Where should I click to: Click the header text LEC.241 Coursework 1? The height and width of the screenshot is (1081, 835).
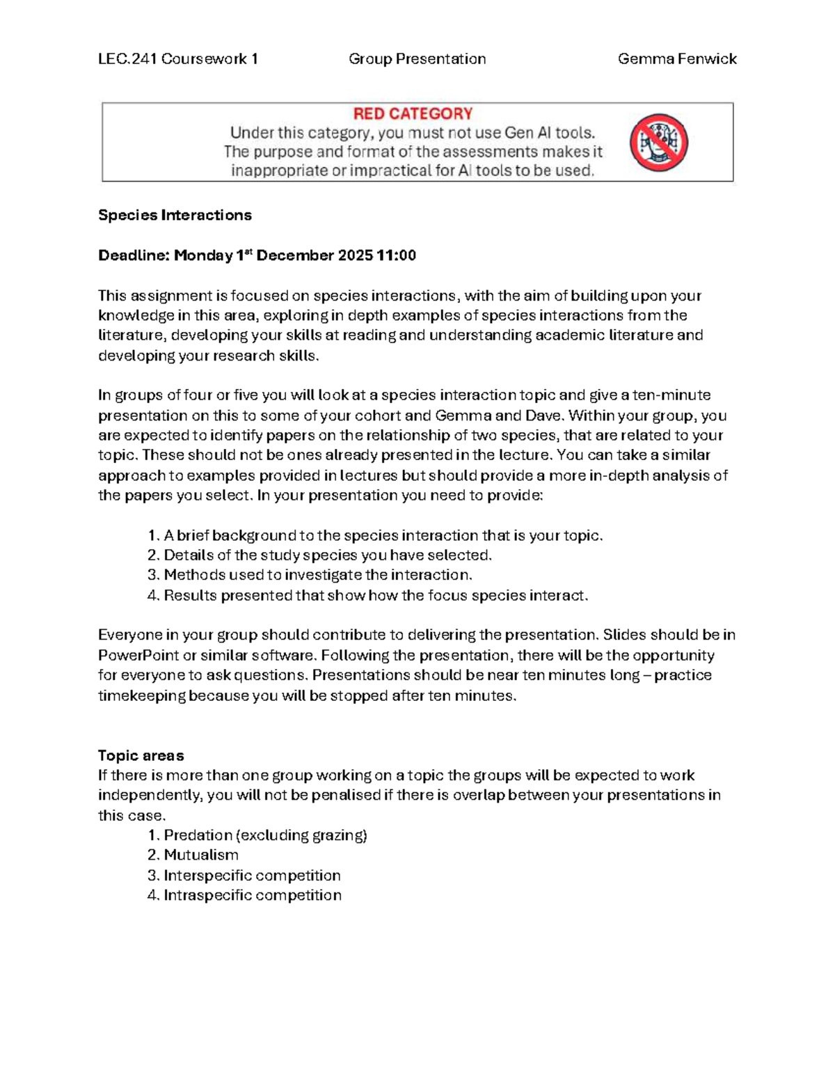tap(178, 59)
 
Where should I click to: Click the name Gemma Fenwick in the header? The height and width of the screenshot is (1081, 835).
tap(677, 59)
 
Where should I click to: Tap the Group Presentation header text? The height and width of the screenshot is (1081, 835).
tap(417, 59)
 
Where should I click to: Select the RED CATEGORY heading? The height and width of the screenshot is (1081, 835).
tap(413, 113)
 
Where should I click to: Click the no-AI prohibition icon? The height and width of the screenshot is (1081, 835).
tap(659, 143)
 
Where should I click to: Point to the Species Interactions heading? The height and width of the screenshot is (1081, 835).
tap(175, 215)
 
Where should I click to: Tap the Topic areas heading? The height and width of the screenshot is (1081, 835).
tap(141, 755)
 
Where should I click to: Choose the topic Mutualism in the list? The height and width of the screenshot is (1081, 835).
tap(201, 855)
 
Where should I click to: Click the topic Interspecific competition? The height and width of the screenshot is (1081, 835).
tap(252, 875)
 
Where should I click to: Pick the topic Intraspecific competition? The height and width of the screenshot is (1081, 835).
tap(253, 895)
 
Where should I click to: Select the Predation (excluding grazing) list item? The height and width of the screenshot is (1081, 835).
tap(265, 835)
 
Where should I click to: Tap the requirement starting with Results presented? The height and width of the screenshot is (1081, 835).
tap(376, 595)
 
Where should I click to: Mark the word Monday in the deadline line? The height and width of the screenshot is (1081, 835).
tap(203, 255)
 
